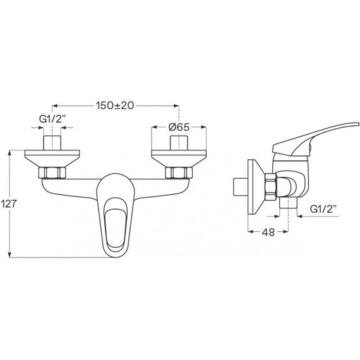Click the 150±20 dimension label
[115, 105]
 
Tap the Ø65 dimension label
[179, 127]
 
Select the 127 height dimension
[8, 203]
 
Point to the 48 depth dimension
[268, 232]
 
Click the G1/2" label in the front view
[52, 119]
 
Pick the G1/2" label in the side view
[323, 209]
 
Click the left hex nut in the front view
[52, 173]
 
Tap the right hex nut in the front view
[179, 173]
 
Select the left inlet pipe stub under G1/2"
[52, 143]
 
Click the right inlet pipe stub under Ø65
[179, 143]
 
